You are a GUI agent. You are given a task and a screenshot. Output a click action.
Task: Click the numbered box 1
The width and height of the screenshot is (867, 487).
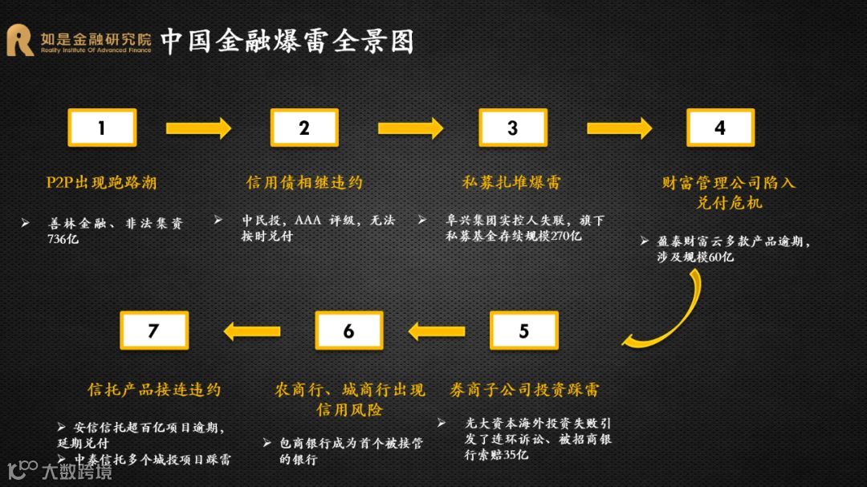tap(102, 128)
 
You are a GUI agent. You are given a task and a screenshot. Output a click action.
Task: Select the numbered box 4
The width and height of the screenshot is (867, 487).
tap(720, 128)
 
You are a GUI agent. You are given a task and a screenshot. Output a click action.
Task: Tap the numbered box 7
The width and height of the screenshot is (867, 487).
tap(153, 331)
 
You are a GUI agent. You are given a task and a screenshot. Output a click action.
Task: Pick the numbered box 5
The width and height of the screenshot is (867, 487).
tap(524, 331)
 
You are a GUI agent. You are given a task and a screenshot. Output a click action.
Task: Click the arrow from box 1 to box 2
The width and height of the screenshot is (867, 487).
tap(197, 128)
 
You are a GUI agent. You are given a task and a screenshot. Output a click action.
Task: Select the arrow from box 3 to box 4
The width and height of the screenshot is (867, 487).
tap(618, 128)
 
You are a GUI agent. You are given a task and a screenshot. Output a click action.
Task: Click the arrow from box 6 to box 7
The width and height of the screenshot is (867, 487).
tap(251, 331)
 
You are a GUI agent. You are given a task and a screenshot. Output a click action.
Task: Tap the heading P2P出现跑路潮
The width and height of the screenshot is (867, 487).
tap(101, 183)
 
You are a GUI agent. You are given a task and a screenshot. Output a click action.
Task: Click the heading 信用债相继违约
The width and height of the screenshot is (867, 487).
tap(304, 183)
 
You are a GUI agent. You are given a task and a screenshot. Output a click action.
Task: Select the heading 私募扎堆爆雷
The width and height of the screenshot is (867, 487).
tap(511, 183)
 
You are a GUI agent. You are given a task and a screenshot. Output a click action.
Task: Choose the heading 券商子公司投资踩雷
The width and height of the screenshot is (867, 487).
tap(524, 391)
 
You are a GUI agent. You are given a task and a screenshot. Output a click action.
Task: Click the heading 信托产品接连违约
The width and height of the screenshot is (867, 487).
tap(153, 391)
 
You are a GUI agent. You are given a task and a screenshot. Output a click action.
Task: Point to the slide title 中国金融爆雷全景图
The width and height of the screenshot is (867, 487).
tap(287, 41)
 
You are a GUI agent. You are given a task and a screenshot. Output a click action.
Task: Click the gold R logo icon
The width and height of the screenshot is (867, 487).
tap(20, 41)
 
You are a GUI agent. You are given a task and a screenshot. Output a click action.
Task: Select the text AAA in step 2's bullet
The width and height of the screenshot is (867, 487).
tap(307, 221)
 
